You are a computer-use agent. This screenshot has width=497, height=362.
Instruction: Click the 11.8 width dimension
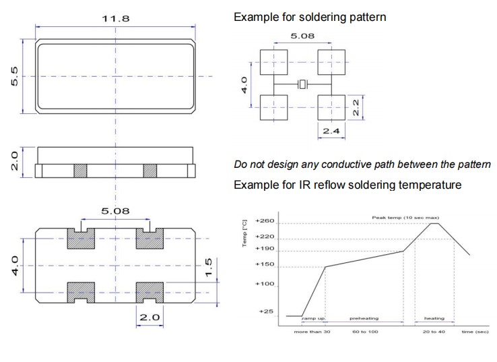(x=116, y=18)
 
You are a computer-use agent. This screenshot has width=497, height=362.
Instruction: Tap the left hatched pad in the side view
(x=81, y=171)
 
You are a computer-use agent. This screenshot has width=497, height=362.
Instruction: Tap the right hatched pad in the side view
(x=150, y=171)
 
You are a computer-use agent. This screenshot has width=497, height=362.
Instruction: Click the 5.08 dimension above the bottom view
(x=115, y=211)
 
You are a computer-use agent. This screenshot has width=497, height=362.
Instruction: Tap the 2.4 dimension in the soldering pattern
(x=331, y=131)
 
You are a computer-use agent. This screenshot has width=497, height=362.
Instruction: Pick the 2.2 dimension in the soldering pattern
(x=358, y=106)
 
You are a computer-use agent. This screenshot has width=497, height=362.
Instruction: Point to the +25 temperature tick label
(x=267, y=312)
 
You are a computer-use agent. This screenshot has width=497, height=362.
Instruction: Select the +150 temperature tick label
(x=266, y=266)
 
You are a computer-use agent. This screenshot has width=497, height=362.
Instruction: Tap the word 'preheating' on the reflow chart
(x=364, y=318)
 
